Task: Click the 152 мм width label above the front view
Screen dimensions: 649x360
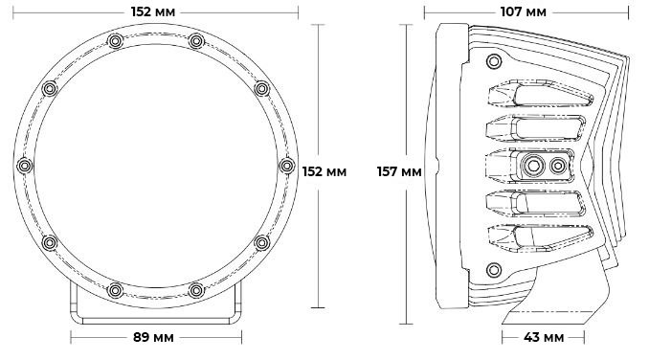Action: pyautogui.click(x=153, y=12)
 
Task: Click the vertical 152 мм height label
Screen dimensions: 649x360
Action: pyautogui.click(x=324, y=171)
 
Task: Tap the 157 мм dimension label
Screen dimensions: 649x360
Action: pyautogui.click(x=399, y=171)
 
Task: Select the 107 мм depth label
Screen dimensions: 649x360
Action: pyautogui.click(x=524, y=12)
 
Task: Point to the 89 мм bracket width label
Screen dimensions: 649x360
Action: pyautogui.click(x=153, y=337)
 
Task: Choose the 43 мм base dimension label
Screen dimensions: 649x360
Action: pyautogui.click(x=544, y=337)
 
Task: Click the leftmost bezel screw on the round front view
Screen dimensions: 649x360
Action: pyautogui.click(x=25, y=166)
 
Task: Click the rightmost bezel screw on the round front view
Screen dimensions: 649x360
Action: pyautogui.click(x=287, y=166)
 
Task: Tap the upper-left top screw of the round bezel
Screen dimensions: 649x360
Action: pyautogui.click(x=115, y=41)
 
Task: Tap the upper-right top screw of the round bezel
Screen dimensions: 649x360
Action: pyautogui.click(x=196, y=41)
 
